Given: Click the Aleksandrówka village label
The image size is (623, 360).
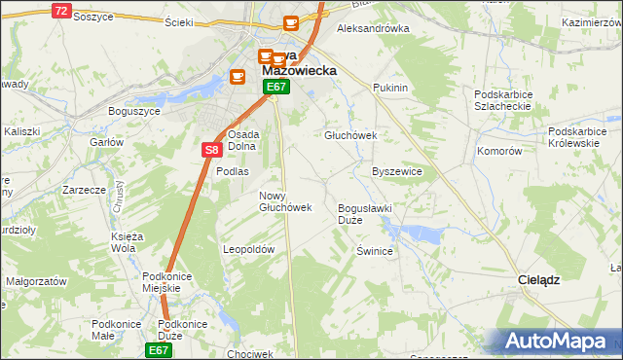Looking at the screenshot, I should click(372, 28).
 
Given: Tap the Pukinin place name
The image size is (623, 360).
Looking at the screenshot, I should click(389, 88).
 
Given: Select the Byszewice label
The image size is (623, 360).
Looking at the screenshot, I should click(397, 171).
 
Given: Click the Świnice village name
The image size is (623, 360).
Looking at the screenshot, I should click(374, 251).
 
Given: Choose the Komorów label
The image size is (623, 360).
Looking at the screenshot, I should click(499, 152).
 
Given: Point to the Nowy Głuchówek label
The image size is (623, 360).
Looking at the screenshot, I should click(285, 201).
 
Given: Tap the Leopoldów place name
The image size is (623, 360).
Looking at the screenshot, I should click(250, 249).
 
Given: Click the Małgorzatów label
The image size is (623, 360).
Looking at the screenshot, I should click(36, 280).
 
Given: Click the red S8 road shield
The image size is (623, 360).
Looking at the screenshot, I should click(212, 150).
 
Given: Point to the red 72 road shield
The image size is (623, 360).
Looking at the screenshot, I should click(61, 11).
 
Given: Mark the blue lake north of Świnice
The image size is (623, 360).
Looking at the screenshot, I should click(416, 234).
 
